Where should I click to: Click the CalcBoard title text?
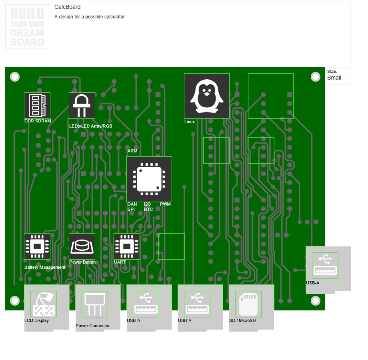67,7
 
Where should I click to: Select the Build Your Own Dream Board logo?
27,26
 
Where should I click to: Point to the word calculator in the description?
114,17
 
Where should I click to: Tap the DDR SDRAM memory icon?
37,106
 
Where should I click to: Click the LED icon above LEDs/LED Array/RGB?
82,106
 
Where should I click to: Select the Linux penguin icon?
206,96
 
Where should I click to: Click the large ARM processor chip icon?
149,179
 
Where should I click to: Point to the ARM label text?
132,151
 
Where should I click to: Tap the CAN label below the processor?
132,204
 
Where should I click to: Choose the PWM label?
165,204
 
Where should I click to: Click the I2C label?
147,204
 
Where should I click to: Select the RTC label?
148,209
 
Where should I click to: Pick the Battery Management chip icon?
37,246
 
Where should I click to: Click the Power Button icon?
82,246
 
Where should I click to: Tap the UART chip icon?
127,246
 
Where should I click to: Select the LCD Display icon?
44,304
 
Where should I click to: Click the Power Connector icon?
95,304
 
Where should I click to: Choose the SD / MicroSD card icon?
248,304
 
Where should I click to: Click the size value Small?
334,78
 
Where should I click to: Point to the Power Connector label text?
92,326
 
